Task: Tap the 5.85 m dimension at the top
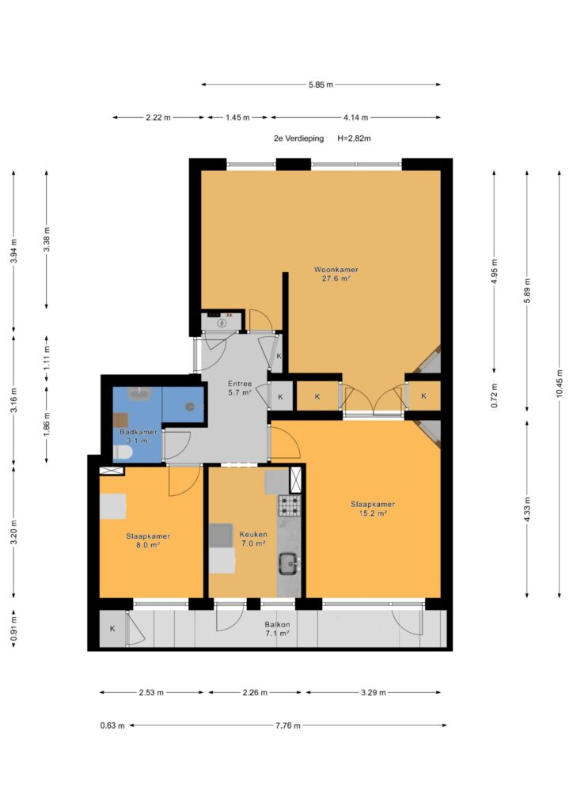tap(321, 85)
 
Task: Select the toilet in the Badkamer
tap(123, 453)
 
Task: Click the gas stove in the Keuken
tap(290, 505)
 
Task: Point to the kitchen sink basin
tap(288, 563)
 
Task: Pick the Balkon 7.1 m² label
tap(278, 629)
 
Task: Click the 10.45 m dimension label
tap(559, 384)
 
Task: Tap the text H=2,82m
tap(354, 138)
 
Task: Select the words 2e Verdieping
tap(298, 138)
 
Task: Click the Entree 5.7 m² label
tap(240, 388)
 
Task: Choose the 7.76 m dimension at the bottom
tap(288, 725)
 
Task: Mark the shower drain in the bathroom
tap(190, 407)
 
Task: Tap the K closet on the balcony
tap(112, 629)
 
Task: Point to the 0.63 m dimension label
tap(112, 725)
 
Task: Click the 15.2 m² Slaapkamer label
tap(373, 509)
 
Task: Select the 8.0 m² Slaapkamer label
tap(148, 540)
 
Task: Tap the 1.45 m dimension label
tap(237, 118)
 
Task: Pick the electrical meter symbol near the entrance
tap(222, 323)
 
